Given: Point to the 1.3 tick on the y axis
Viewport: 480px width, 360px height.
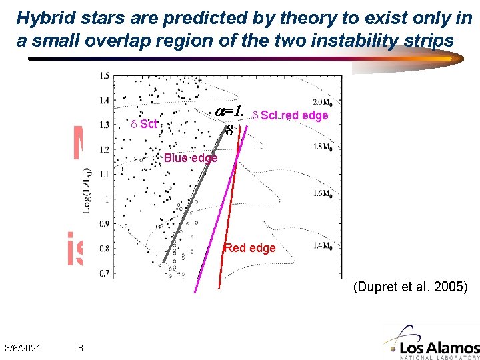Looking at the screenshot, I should coord(104,125).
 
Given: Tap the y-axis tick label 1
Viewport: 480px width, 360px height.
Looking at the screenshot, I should coord(107,199).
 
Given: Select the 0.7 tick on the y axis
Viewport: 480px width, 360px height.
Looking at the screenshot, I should coord(104,273).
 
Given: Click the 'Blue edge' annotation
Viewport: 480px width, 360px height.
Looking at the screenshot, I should coord(190,158).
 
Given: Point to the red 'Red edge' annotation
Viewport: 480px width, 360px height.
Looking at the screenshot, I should coord(249,248).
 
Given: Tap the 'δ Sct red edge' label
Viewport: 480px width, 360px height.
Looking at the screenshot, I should coord(290,115).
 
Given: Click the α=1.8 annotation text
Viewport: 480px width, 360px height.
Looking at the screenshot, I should coord(231,119).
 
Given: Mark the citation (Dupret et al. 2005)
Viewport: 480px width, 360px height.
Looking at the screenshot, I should coord(411,287).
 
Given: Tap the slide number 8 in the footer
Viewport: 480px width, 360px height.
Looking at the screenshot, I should coord(80,347).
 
